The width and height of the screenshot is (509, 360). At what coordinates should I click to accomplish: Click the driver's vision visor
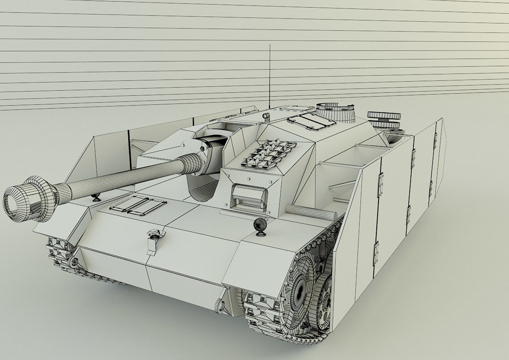250,196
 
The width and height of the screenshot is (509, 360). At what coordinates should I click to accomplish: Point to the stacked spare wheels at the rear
384,119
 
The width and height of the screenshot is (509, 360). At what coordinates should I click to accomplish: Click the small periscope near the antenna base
265,117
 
